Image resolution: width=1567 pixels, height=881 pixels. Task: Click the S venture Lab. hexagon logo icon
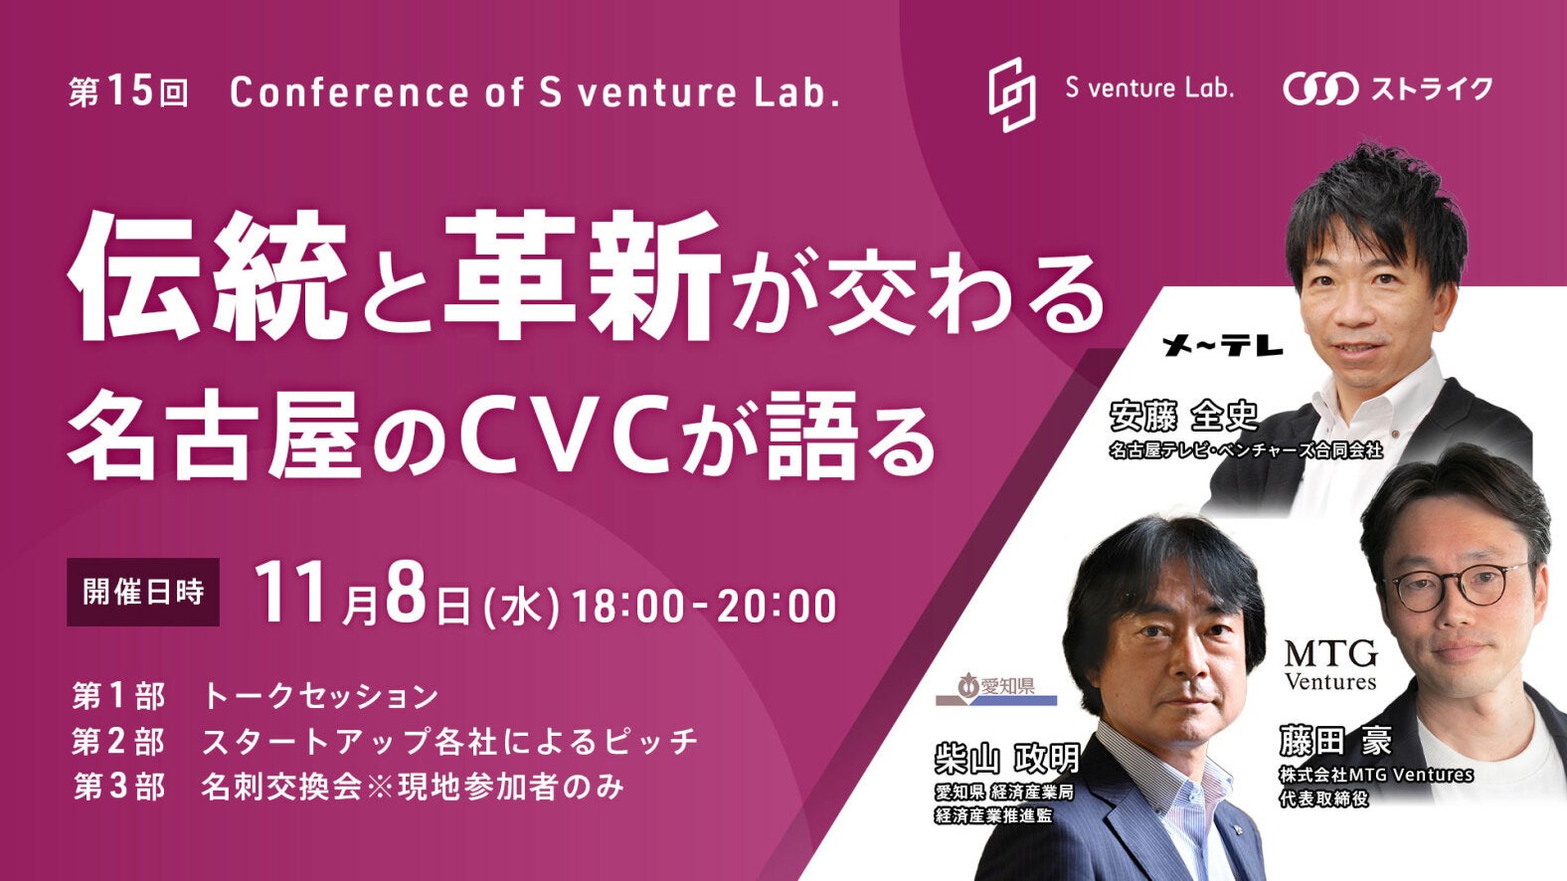tap(1012, 94)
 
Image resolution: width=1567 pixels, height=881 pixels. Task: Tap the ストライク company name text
tap(1429, 89)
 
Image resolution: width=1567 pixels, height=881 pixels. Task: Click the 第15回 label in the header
tap(128, 93)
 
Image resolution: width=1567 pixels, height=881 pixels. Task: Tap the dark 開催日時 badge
tap(143, 592)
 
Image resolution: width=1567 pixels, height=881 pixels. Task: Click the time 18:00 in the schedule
tap(626, 606)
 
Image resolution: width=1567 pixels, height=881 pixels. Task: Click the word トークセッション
tap(321, 696)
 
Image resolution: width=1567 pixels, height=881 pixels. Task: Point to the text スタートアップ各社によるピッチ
tap(450, 742)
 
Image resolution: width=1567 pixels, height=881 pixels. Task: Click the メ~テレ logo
tap(1223, 346)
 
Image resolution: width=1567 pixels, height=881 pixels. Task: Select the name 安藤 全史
tap(1183, 418)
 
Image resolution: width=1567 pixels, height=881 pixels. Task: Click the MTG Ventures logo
tap(1330, 665)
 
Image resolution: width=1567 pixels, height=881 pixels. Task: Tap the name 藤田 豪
tap(1335, 742)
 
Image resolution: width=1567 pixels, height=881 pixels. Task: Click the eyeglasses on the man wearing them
tap(1454, 587)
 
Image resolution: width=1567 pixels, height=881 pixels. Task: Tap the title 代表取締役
tap(1324, 798)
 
